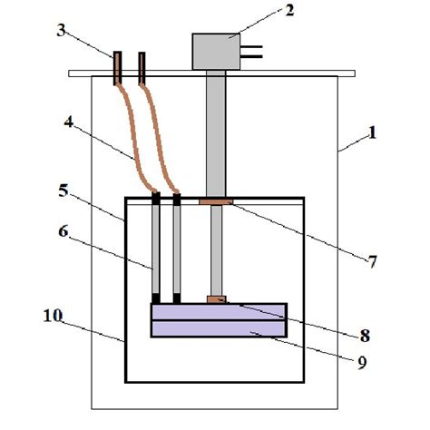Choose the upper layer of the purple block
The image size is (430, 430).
[x=219, y=312]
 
